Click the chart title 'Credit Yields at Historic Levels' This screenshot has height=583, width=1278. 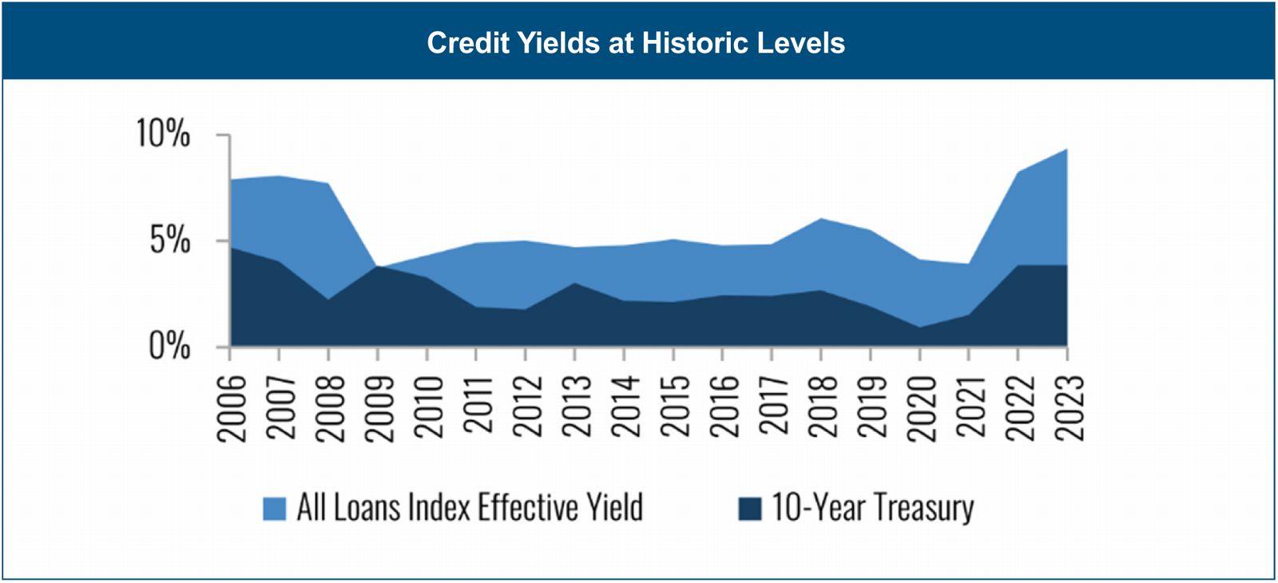click(636, 42)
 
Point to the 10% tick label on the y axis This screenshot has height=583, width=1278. click(164, 133)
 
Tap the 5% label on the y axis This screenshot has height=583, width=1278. click(170, 240)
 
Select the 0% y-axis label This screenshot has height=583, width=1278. click(170, 347)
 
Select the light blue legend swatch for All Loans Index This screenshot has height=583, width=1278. click(274, 509)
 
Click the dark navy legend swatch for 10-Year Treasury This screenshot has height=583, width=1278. click(749, 509)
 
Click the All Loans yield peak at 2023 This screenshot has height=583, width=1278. click(1066, 149)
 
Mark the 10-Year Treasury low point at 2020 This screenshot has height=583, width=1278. click(919, 327)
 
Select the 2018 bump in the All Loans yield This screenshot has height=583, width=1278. click(821, 218)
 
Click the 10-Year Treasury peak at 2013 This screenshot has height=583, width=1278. click(575, 283)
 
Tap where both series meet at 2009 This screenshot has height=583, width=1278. click(378, 266)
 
